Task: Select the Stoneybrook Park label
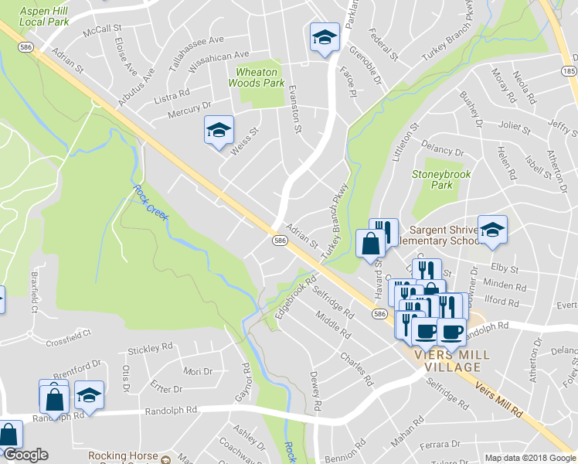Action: pyautogui.click(x=441, y=180)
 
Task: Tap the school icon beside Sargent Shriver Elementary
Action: pyautogui.click(x=492, y=229)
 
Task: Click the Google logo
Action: pyautogui.click(x=25, y=455)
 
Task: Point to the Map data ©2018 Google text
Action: pyautogui.click(x=530, y=458)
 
